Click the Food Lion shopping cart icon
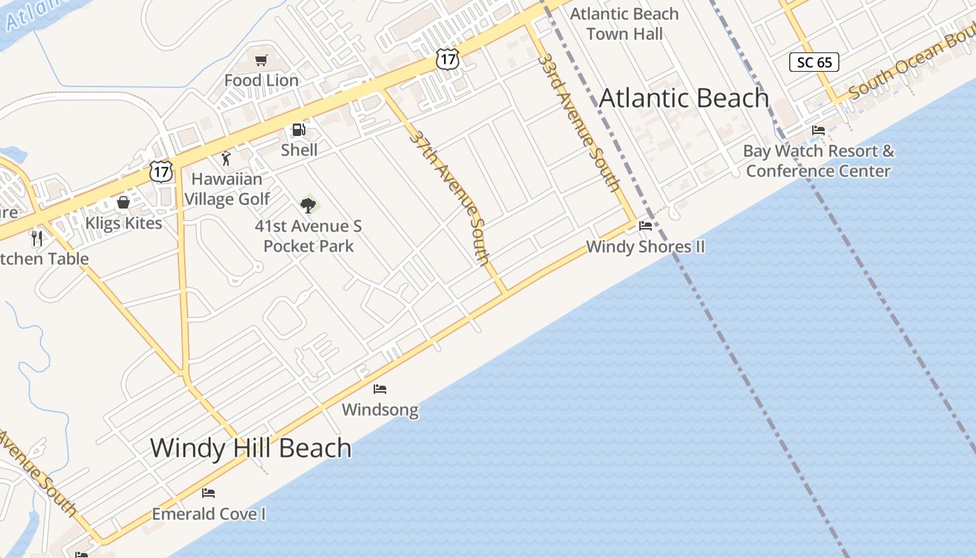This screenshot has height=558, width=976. [261, 61]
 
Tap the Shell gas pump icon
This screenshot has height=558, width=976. [298, 130]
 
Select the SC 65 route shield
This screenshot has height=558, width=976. [814, 62]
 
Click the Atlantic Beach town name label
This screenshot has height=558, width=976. [683, 98]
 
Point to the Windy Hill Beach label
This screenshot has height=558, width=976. [250, 448]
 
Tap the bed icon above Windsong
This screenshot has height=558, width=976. [380, 389]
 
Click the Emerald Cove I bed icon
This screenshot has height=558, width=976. [208, 493]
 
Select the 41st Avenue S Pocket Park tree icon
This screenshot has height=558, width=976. [308, 205]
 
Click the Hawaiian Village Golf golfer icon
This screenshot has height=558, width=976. [225, 159]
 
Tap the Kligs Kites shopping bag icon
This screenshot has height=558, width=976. [123, 202]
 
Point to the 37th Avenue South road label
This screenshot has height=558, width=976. [450, 196]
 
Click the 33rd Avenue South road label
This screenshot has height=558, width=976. [579, 121]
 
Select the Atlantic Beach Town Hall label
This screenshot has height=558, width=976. [624, 24]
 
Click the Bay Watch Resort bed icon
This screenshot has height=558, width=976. [818, 130]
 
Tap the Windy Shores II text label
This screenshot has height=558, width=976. [646, 246]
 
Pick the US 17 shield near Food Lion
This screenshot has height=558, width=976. [447, 59]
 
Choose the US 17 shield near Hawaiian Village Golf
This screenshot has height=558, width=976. [160, 172]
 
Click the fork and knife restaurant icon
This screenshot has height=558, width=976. [37, 239]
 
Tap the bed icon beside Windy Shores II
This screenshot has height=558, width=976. [646, 226]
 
